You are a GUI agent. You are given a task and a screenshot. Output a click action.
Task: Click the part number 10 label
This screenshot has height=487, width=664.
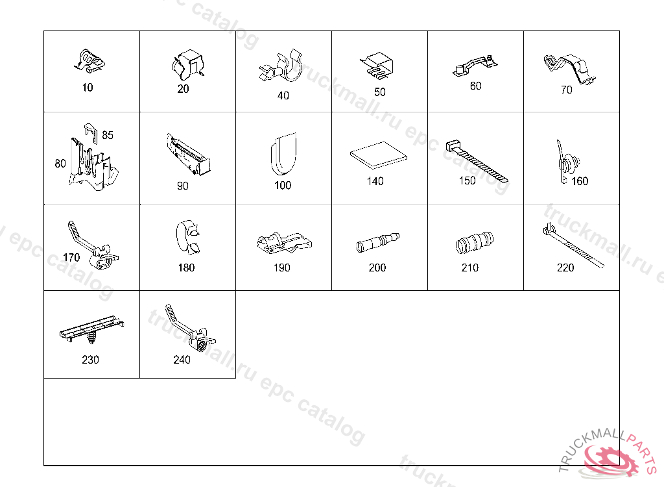pyautogui.click(x=88, y=88)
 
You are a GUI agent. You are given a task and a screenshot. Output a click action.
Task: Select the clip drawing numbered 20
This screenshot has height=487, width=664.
pyautogui.click(x=187, y=65)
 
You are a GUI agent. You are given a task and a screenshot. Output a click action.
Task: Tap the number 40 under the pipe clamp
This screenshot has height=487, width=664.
pyautogui.click(x=283, y=96)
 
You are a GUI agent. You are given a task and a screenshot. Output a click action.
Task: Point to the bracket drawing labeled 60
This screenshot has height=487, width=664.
pyautogui.click(x=475, y=66)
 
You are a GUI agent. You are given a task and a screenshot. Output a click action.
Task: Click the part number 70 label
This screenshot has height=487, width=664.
pyautogui.click(x=567, y=90)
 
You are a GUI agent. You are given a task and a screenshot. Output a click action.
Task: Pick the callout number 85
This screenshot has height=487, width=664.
pyautogui.click(x=108, y=135)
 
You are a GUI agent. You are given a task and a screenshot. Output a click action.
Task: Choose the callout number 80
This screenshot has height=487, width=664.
pyautogui.click(x=60, y=164)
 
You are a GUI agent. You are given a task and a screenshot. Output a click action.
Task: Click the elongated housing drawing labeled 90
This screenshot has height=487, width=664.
pyautogui.click(x=189, y=154)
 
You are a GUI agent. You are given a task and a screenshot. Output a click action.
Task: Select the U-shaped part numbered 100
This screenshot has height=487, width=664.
pyautogui.click(x=283, y=154)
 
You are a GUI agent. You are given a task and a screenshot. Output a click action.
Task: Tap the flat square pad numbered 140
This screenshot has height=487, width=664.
pyautogui.click(x=379, y=155)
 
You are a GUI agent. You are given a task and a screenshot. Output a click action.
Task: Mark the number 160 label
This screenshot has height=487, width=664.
pyautogui.click(x=580, y=182)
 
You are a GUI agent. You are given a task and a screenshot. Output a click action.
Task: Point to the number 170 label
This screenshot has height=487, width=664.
pyautogui.click(x=71, y=258)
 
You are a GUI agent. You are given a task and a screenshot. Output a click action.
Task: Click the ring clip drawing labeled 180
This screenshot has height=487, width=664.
pyautogui.click(x=188, y=237)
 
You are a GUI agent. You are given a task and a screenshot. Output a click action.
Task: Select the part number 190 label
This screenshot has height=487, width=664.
pyautogui.click(x=282, y=268)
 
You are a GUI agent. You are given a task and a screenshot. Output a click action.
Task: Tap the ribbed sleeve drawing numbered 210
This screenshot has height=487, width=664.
pyautogui.click(x=474, y=243)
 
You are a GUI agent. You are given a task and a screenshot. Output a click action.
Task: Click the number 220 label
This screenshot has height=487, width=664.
pyautogui.click(x=565, y=268)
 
